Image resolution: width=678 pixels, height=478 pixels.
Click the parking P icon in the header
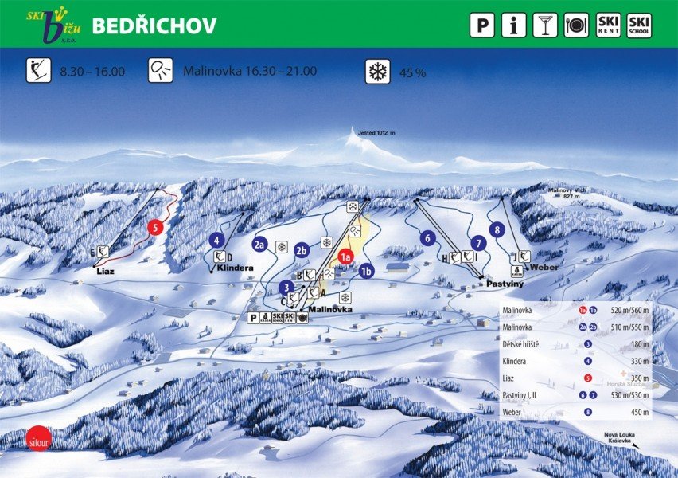point(481,25)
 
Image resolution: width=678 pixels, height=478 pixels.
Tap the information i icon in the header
point(513,25)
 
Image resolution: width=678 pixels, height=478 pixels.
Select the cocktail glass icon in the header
point(545,25)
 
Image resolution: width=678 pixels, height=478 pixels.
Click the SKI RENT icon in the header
point(608,25)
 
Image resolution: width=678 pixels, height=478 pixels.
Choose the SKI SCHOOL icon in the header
point(638,25)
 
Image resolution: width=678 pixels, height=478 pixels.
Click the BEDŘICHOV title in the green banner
point(154,25)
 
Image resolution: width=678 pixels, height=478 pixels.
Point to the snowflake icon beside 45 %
point(377,71)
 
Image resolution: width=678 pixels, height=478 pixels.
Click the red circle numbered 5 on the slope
point(155,227)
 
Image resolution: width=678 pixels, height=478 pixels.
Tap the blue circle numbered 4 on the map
point(216,238)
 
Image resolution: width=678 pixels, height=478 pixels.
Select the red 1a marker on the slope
point(345,257)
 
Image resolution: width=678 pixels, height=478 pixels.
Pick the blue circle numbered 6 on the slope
point(427,237)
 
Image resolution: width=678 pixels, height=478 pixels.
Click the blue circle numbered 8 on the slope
point(497,229)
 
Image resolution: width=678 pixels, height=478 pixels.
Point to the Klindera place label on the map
point(234,268)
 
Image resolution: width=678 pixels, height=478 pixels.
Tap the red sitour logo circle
point(37,437)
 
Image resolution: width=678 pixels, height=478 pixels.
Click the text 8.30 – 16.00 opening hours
point(92,72)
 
